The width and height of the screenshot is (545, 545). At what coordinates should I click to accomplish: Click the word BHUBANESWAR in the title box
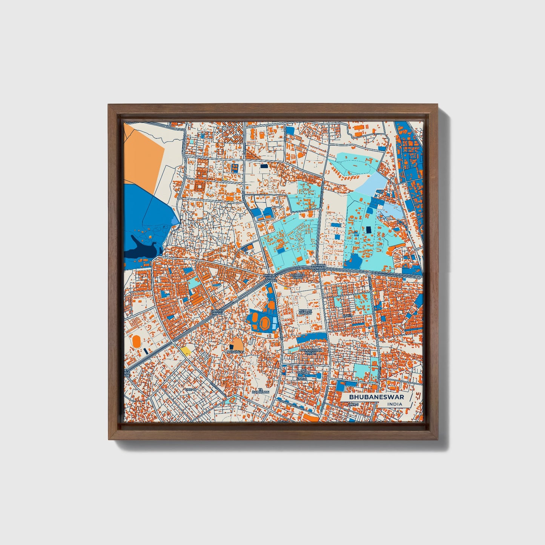point(376,397)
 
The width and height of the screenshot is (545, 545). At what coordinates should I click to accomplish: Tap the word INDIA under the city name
point(395,404)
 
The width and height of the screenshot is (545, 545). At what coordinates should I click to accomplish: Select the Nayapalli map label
point(235,352)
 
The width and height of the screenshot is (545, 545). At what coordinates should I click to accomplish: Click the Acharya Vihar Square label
point(318,268)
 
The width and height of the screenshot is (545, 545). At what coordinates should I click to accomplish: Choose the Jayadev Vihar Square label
point(270,278)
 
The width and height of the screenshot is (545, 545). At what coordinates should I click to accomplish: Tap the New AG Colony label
point(305,312)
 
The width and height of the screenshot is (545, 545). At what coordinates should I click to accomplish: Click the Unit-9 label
point(347,315)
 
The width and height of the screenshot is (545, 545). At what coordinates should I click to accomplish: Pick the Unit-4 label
point(302,378)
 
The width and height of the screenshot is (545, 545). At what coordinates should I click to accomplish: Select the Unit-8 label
point(190,390)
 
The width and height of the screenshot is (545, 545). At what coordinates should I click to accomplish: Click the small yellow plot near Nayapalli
point(185,351)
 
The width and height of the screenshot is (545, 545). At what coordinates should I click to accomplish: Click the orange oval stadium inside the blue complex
point(265,322)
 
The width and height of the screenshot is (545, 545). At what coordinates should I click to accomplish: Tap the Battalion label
point(261,391)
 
